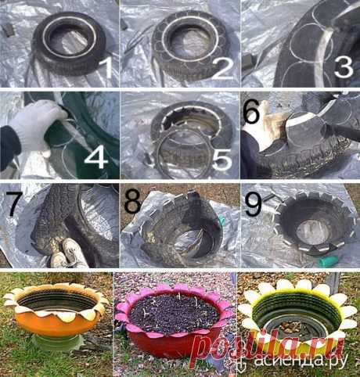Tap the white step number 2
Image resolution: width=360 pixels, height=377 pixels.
222,67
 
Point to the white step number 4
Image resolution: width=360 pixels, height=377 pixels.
96,156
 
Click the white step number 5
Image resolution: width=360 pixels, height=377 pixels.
221,160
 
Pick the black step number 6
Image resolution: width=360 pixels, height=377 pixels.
251,111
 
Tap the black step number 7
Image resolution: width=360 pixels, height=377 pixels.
16,203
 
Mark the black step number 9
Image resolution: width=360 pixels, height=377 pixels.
254,204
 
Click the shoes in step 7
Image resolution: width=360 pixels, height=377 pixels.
68,253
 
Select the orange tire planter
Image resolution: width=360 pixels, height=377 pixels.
56,309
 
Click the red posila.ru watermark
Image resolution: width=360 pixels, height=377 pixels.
268,346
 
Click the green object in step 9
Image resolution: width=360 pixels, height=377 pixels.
328,260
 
